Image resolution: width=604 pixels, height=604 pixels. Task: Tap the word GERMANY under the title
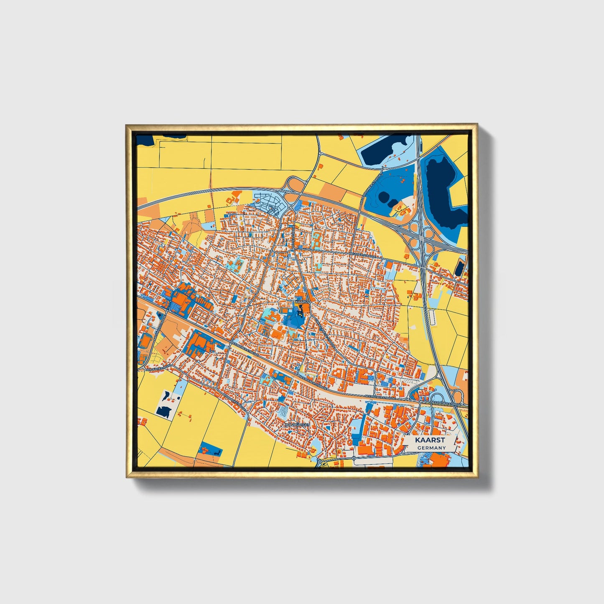click(431, 448)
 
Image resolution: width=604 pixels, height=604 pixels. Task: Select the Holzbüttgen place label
click(297, 424)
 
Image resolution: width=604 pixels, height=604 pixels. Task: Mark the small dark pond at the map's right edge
click(460, 268)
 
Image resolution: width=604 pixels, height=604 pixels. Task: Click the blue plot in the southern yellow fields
click(211, 449)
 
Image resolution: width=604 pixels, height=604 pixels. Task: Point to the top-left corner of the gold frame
click(126, 125)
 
